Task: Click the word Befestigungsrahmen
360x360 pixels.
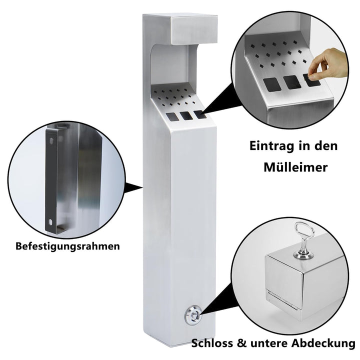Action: pyautogui.click(x=67, y=246)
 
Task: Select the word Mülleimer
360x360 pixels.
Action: pyautogui.click(x=295, y=167)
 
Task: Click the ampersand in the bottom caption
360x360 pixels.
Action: pyautogui.click(x=241, y=343)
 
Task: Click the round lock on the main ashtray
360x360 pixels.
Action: pyautogui.click(x=193, y=314)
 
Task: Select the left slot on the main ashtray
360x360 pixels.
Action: pyautogui.click(x=172, y=117)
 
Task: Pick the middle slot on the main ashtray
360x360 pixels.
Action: pyautogui.click(x=186, y=115)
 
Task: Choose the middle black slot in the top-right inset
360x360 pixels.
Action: pyautogui.click(x=292, y=82)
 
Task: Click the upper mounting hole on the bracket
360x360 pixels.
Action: pyautogui.click(x=50, y=139)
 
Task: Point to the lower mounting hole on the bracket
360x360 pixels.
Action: pyautogui.click(x=50, y=222)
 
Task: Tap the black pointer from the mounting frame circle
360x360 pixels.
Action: pyautogui.click(x=134, y=187)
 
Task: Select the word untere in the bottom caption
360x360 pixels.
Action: pyautogui.click(x=270, y=343)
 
